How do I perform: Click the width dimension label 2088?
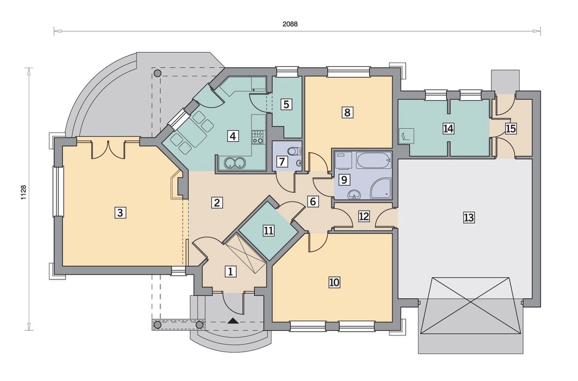(x=290, y=24)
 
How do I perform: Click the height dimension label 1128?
(x=24, y=192)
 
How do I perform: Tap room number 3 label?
(x=120, y=213)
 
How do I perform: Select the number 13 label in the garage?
(x=469, y=218)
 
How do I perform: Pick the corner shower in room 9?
(x=380, y=188)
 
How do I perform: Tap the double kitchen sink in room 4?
(x=235, y=163)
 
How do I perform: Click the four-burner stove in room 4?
(x=258, y=137)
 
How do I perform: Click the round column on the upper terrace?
(x=157, y=73)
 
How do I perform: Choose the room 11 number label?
(x=269, y=230)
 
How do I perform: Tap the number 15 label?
(x=511, y=129)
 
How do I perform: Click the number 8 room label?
(x=347, y=113)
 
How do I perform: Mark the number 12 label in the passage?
(x=364, y=216)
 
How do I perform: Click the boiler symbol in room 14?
(x=406, y=136)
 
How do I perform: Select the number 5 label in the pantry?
(x=286, y=105)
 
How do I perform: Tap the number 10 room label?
(x=334, y=282)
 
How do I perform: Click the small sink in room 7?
(x=299, y=163)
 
